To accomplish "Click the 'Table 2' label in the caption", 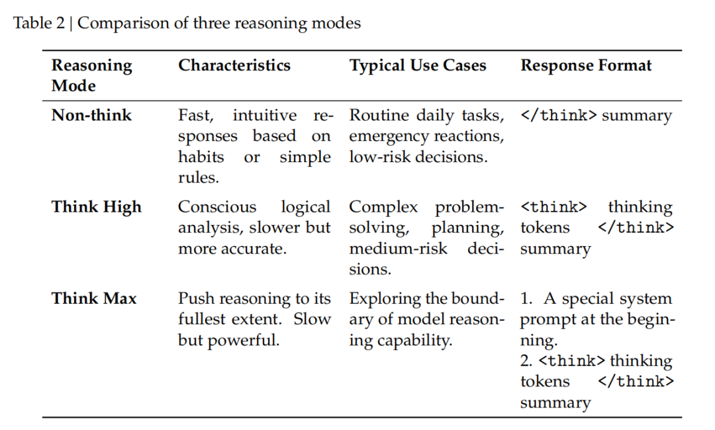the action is (39, 22).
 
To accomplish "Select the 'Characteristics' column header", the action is (234, 65).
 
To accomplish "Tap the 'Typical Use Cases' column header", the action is (418, 65).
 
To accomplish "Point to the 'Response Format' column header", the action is (586, 65).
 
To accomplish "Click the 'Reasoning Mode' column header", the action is (91, 75).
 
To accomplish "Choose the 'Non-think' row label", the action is (91, 115).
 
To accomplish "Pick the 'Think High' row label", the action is (97, 207).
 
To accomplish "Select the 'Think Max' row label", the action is (94, 298).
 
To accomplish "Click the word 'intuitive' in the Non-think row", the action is (264, 115).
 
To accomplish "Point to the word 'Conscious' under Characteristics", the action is (217, 207).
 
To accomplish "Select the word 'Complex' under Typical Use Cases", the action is (383, 207).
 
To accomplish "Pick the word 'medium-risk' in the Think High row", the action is (398, 249).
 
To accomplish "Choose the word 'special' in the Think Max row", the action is (587, 299).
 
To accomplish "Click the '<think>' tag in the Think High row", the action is (553, 207).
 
